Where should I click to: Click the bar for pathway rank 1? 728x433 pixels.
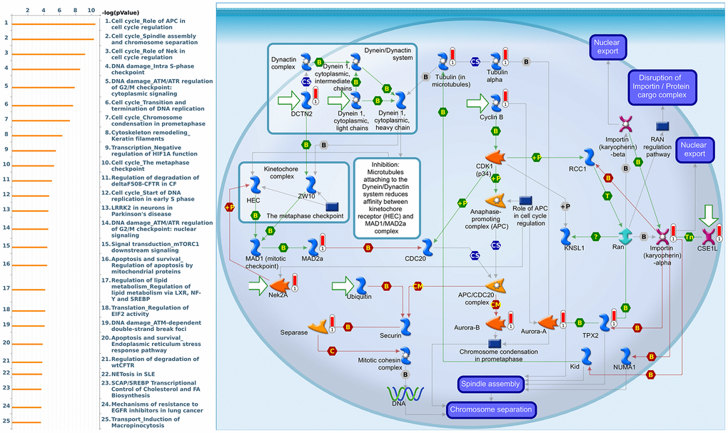[54, 24]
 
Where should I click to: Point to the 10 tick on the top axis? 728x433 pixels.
[91, 11]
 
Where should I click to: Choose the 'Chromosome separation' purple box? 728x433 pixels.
[490, 409]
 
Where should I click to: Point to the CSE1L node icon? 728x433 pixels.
[708, 235]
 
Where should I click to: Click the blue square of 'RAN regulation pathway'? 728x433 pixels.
[662, 126]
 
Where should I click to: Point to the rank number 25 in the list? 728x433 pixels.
[6, 422]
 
